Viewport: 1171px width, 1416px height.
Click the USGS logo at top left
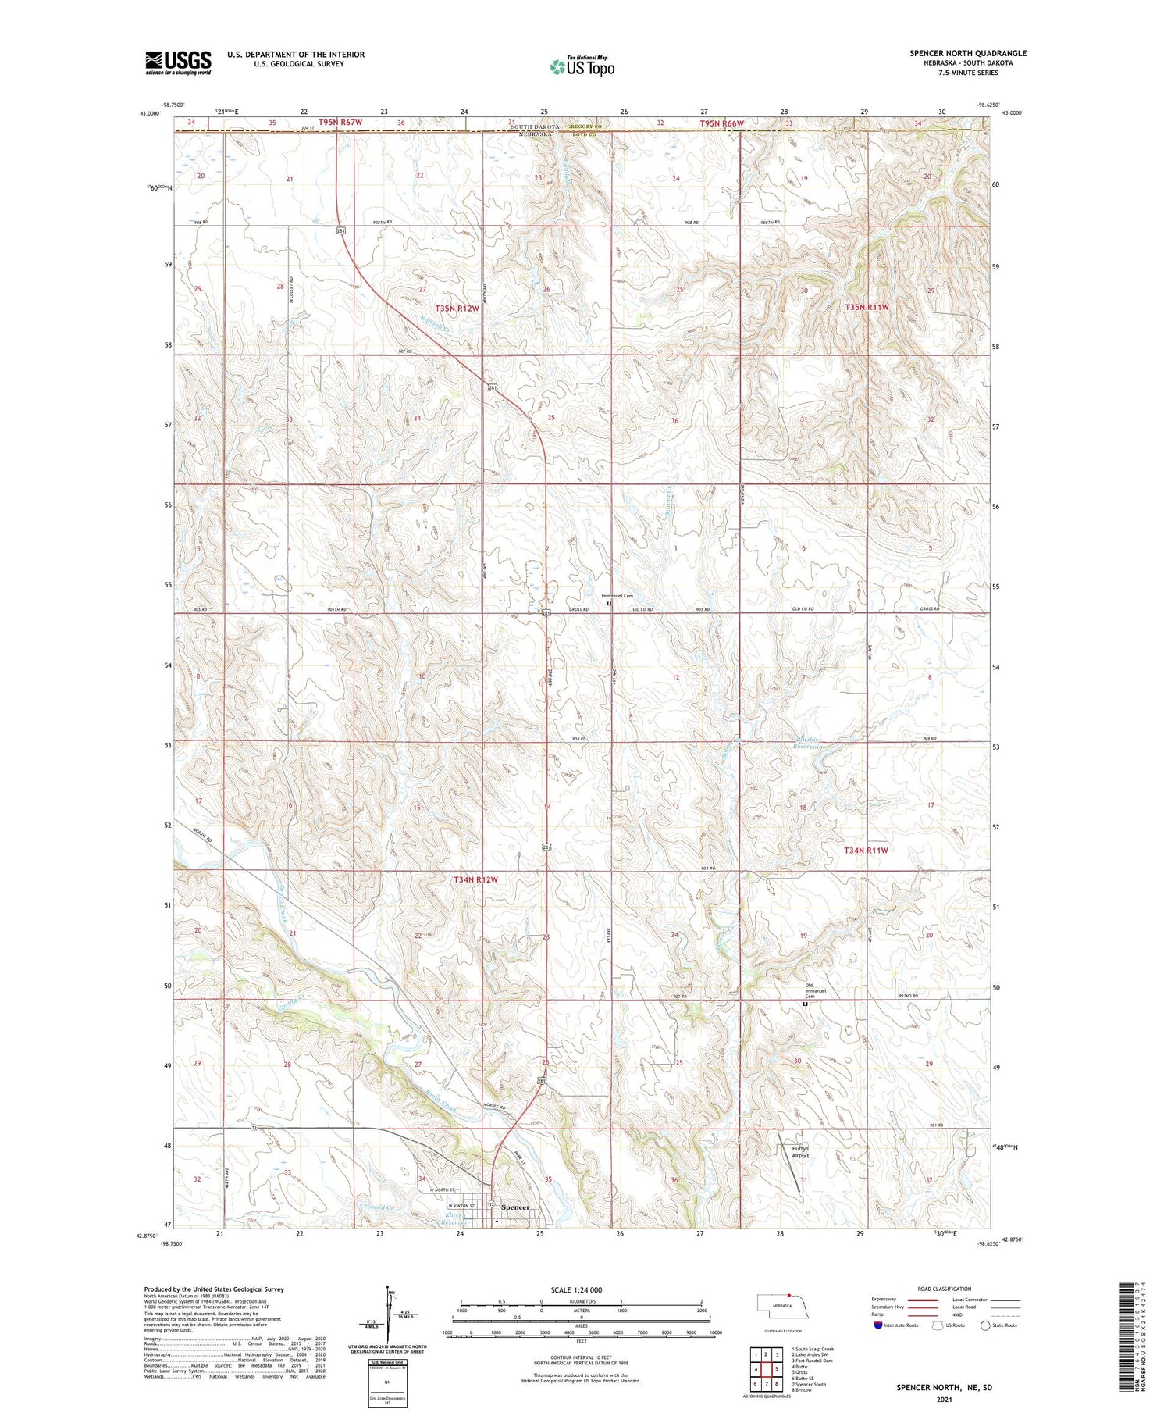click(178, 62)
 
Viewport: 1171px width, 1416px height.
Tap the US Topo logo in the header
click(582, 67)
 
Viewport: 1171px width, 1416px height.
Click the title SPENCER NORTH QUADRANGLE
click(967, 53)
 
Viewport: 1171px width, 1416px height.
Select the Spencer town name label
click(515, 1207)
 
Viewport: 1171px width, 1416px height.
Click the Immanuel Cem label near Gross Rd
click(616, 596)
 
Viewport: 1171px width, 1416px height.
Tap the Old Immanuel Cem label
click(811, 991)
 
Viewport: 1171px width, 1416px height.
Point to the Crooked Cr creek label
click(379, 1207)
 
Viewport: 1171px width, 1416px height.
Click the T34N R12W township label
click(475, 879)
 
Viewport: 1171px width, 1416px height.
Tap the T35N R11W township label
click(867, 308)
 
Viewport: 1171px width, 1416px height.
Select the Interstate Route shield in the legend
click(878, 1325)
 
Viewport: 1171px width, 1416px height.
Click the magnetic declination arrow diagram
click(390, 1313)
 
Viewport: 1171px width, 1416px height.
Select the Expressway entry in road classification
click(906, 1300)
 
